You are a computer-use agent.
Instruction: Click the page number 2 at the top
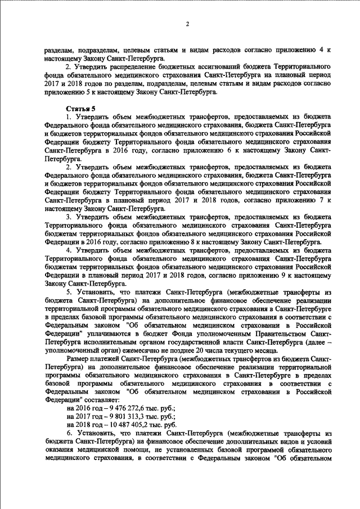coord(187,24)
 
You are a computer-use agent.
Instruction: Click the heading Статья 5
coord(77,107)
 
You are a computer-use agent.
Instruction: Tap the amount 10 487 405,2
coord(126,442)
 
